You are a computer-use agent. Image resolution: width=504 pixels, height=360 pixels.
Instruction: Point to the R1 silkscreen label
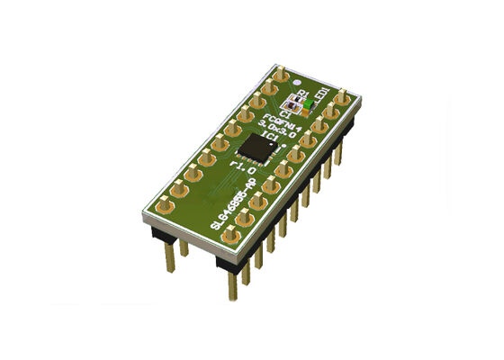pos(302,94)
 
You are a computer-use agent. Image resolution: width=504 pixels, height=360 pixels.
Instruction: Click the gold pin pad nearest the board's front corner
pos(231,235)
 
